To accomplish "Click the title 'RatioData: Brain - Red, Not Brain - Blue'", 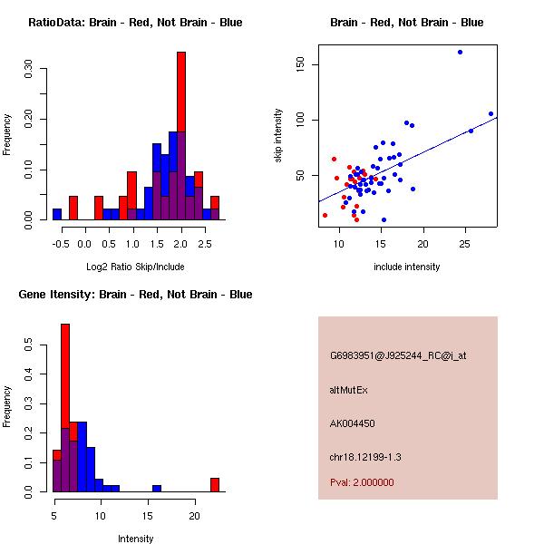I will pyautogui.click(x=135, y=23).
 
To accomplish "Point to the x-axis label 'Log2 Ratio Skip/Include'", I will pyautogui.click(x=135, y=267).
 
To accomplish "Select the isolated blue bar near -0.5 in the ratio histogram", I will pyautogui.click(x=57, y=214).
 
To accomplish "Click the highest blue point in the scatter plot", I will pyautogui.click(x=460, y=52).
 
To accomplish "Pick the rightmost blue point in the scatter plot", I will pyautogui.click(x=491, y=114).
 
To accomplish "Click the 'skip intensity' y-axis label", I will pyautogui.click(x=279, y=136).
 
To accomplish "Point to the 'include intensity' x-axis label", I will pyautogui.click(x=407, y=267).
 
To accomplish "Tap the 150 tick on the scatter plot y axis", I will pyautogui.click(x=300, y=64).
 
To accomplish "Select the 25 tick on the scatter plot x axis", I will pyautogui.click(x=465, y=244).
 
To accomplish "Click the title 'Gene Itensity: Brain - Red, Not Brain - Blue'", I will pyautogui.click(x=135, y=295).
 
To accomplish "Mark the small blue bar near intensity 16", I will pyautogui.click(x=157, y=489).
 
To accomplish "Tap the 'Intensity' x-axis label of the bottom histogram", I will pyautogui.click(x=135, y=539).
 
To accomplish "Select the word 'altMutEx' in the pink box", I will pyautogui.click(x=349, y=390).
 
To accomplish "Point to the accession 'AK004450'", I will pyautogui.click(x=353, y=423).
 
